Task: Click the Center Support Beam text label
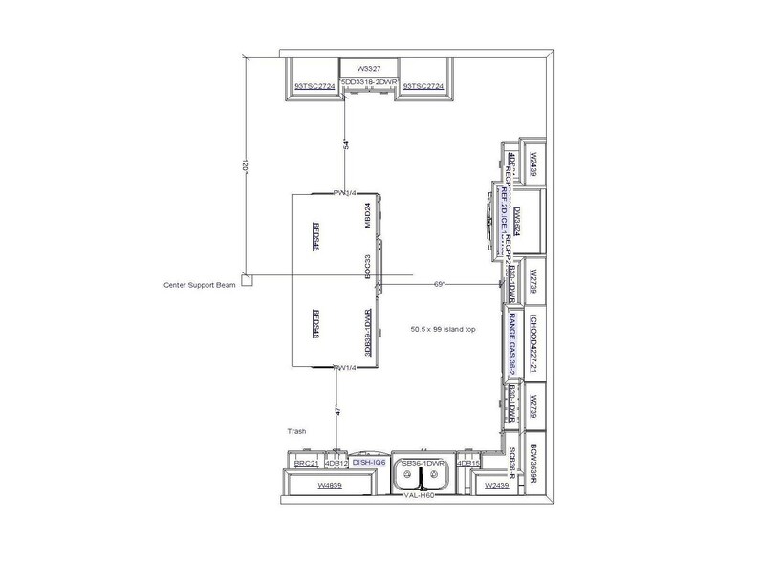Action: [202, 285]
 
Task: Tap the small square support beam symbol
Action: [246, 281]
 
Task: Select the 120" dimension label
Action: [245, 166]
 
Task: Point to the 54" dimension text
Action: [347, 145]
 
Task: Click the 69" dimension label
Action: [441, 284]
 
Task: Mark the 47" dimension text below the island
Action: [336, 411]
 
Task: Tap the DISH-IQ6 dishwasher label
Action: [369, 463]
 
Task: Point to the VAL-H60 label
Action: [420, 496]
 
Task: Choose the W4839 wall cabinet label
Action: [330, 486]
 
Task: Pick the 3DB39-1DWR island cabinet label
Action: [367, 334]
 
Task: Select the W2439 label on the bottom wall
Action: [496, 486]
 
